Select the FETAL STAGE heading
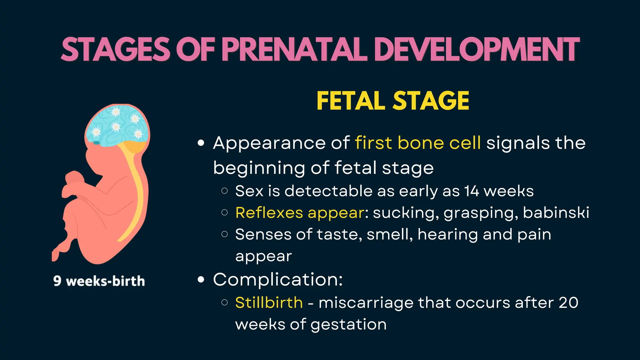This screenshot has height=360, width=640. pyautogui.click(x=393, y=101)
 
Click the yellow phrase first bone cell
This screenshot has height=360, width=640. pyautogui.click(x=418, y=143)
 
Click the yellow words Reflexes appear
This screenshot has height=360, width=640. pyautogui.click(x=300, y=213)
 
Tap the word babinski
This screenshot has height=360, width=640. pyautogui.click(x=556, y=213)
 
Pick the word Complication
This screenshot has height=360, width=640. pyautogui.click(x=277, y=279)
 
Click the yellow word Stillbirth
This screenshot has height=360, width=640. pyautogui.click(x=269, y=302)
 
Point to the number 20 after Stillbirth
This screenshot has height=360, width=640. pyautogui.click(x=568, y=302)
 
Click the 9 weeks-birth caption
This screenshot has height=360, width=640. pyautogui.click(x=99, y=281)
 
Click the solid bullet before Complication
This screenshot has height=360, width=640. pyautogui.click(x=201, y=279)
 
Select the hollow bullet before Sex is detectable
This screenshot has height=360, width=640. pyautogui.click(x=224, y=191)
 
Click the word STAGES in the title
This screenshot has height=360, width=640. pyautogui.click(x=116, y=49)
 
